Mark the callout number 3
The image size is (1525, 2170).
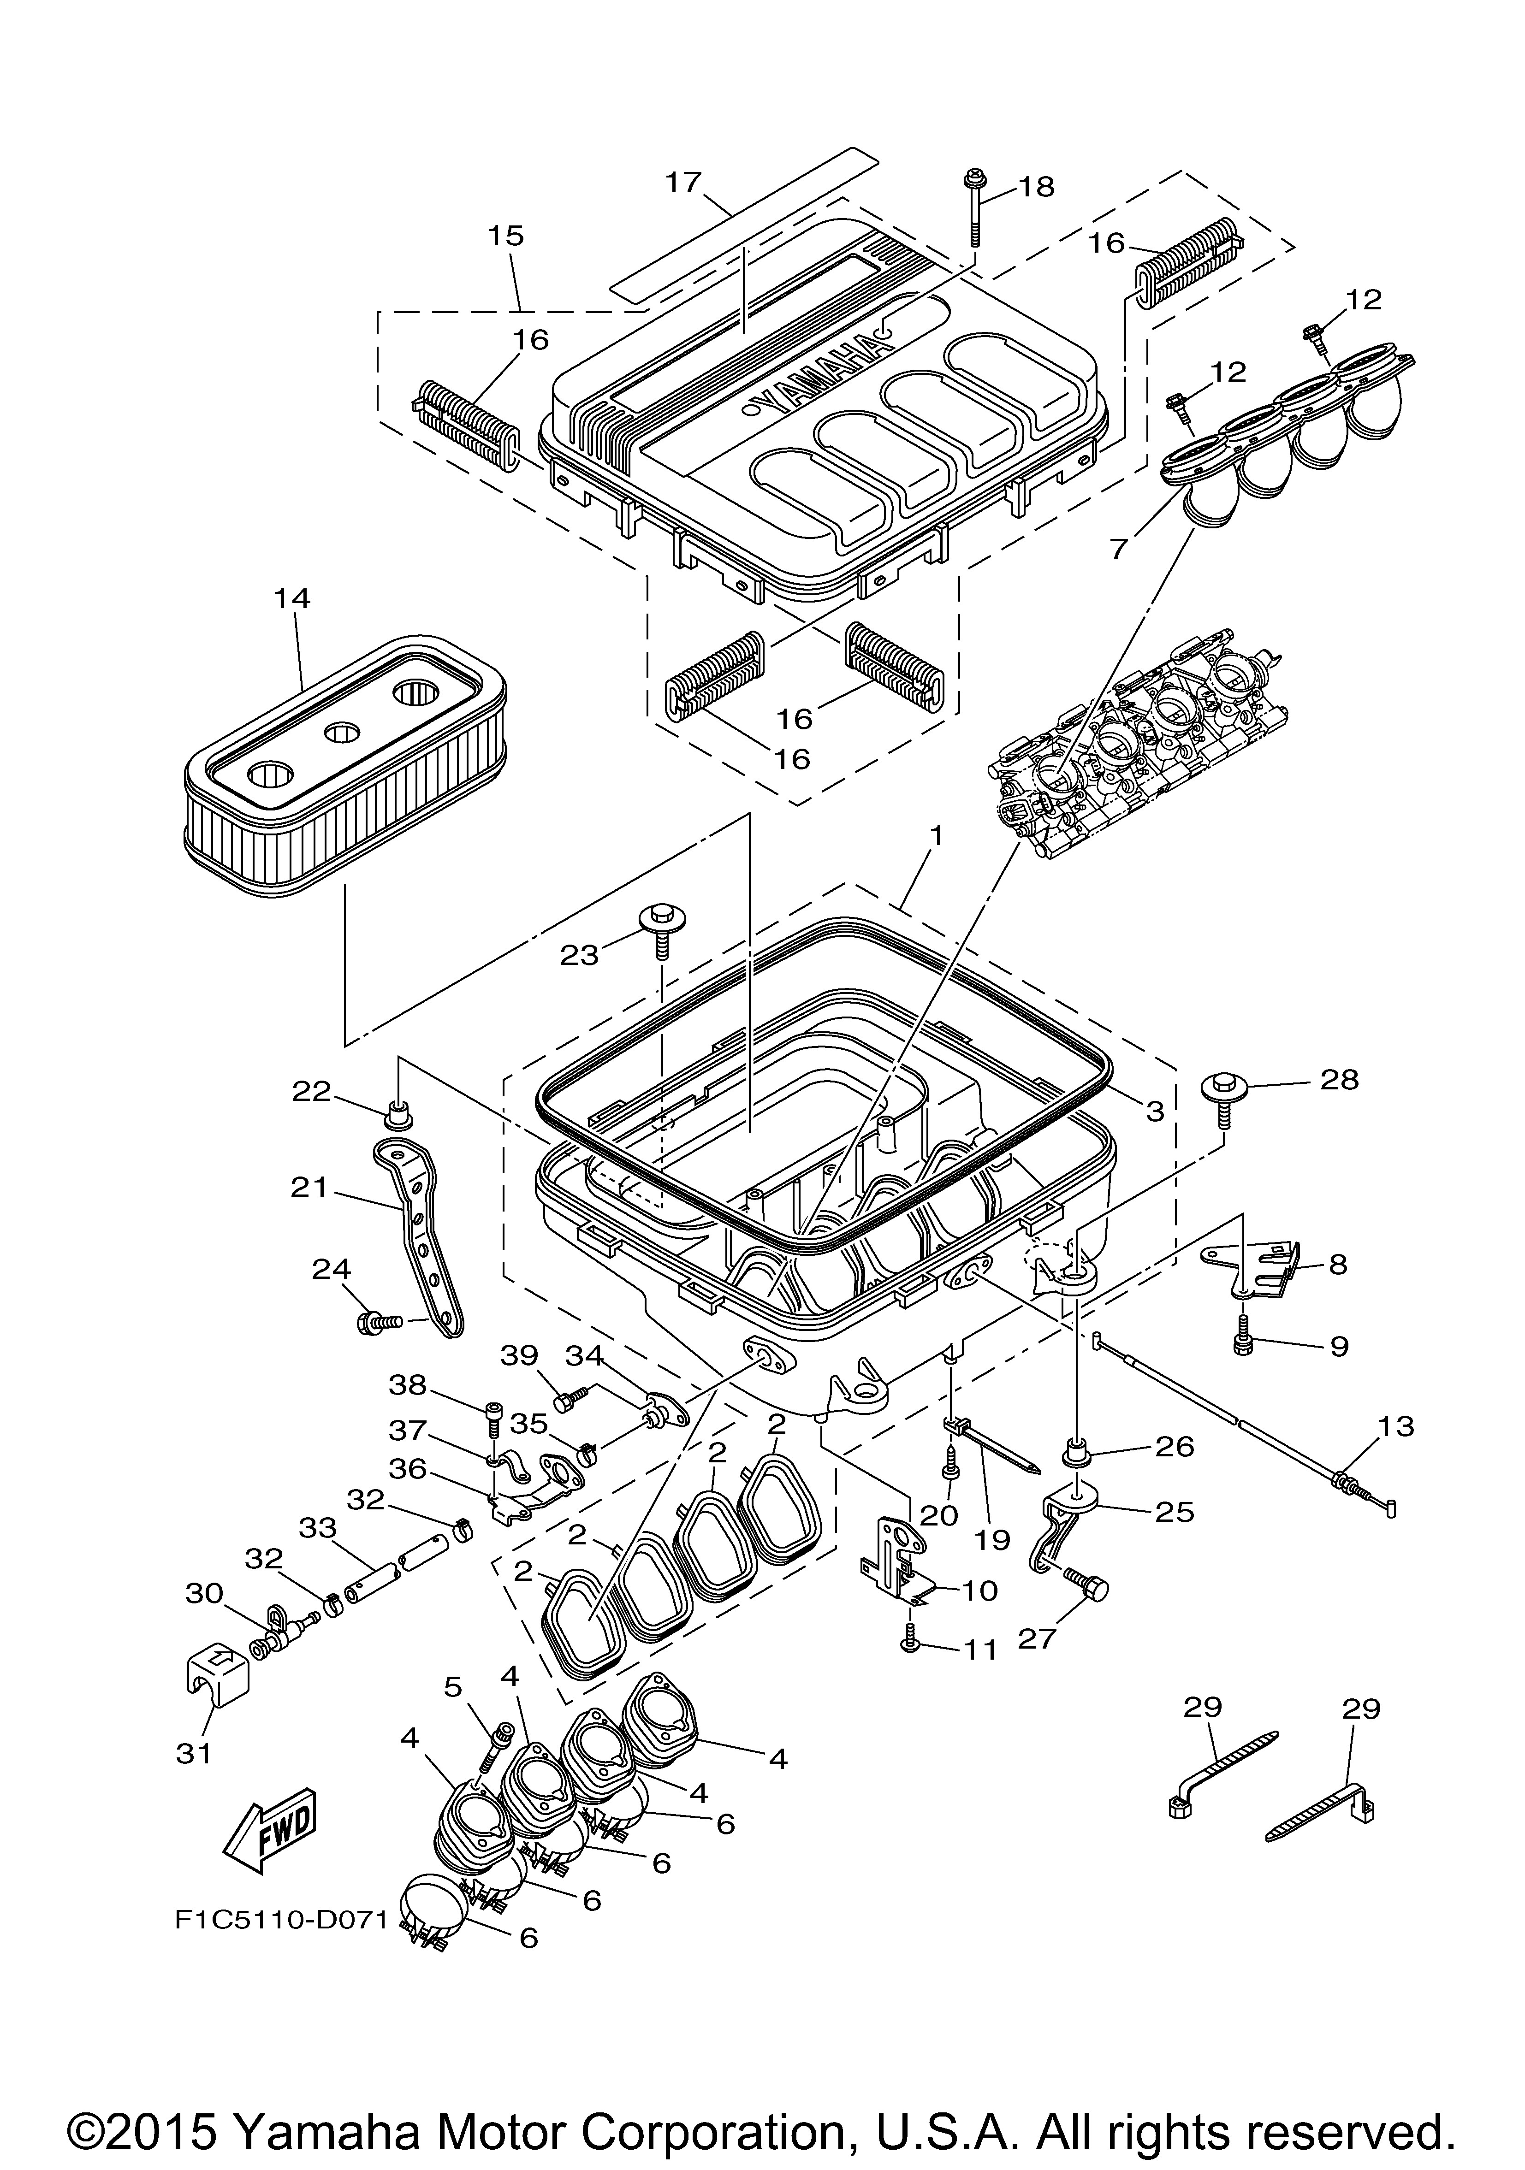tap(1154, 1112)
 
